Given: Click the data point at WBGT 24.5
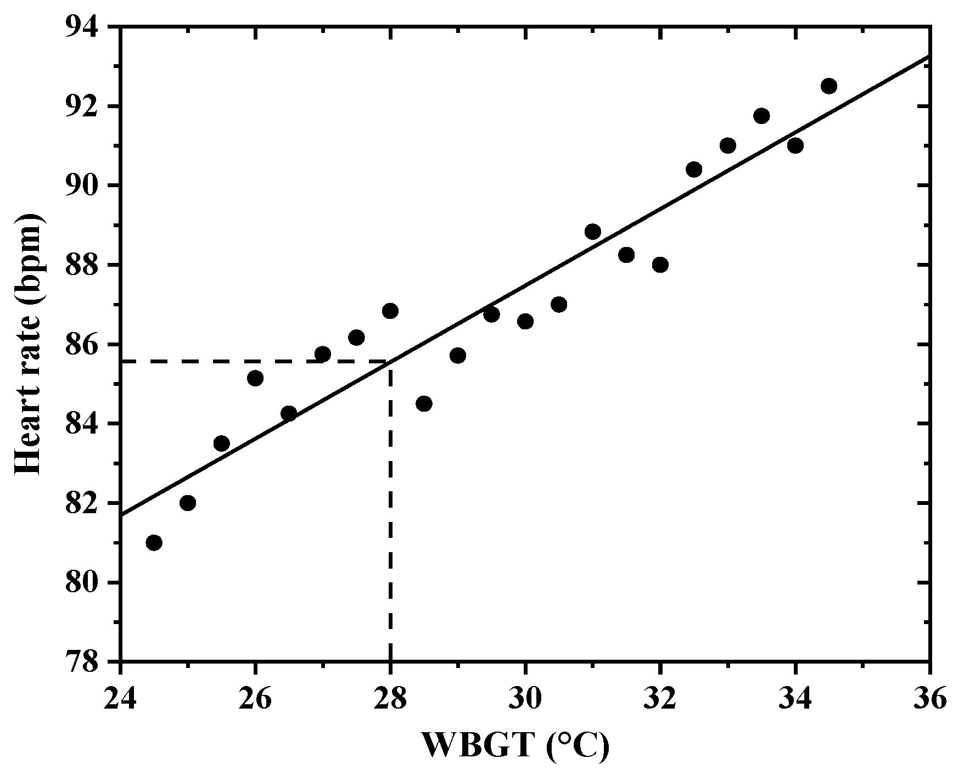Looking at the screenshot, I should point(154,543).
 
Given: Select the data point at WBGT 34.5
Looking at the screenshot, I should point(829,86).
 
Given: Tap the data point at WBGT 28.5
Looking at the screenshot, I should point(424,404).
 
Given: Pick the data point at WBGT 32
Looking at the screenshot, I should point(660,265).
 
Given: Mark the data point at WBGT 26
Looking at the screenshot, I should point(255,378).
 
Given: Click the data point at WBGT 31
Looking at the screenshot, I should point(593,232).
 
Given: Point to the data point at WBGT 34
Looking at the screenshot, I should point(795,145).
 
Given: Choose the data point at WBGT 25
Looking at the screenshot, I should point(188,503).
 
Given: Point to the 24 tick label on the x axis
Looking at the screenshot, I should point(120,700).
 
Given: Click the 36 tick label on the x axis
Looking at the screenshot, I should point(929,700).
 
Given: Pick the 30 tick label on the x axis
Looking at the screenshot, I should point(525,700).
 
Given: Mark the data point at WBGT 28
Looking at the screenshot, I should point(390,311).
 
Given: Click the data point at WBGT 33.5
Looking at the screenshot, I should point(761,116).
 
